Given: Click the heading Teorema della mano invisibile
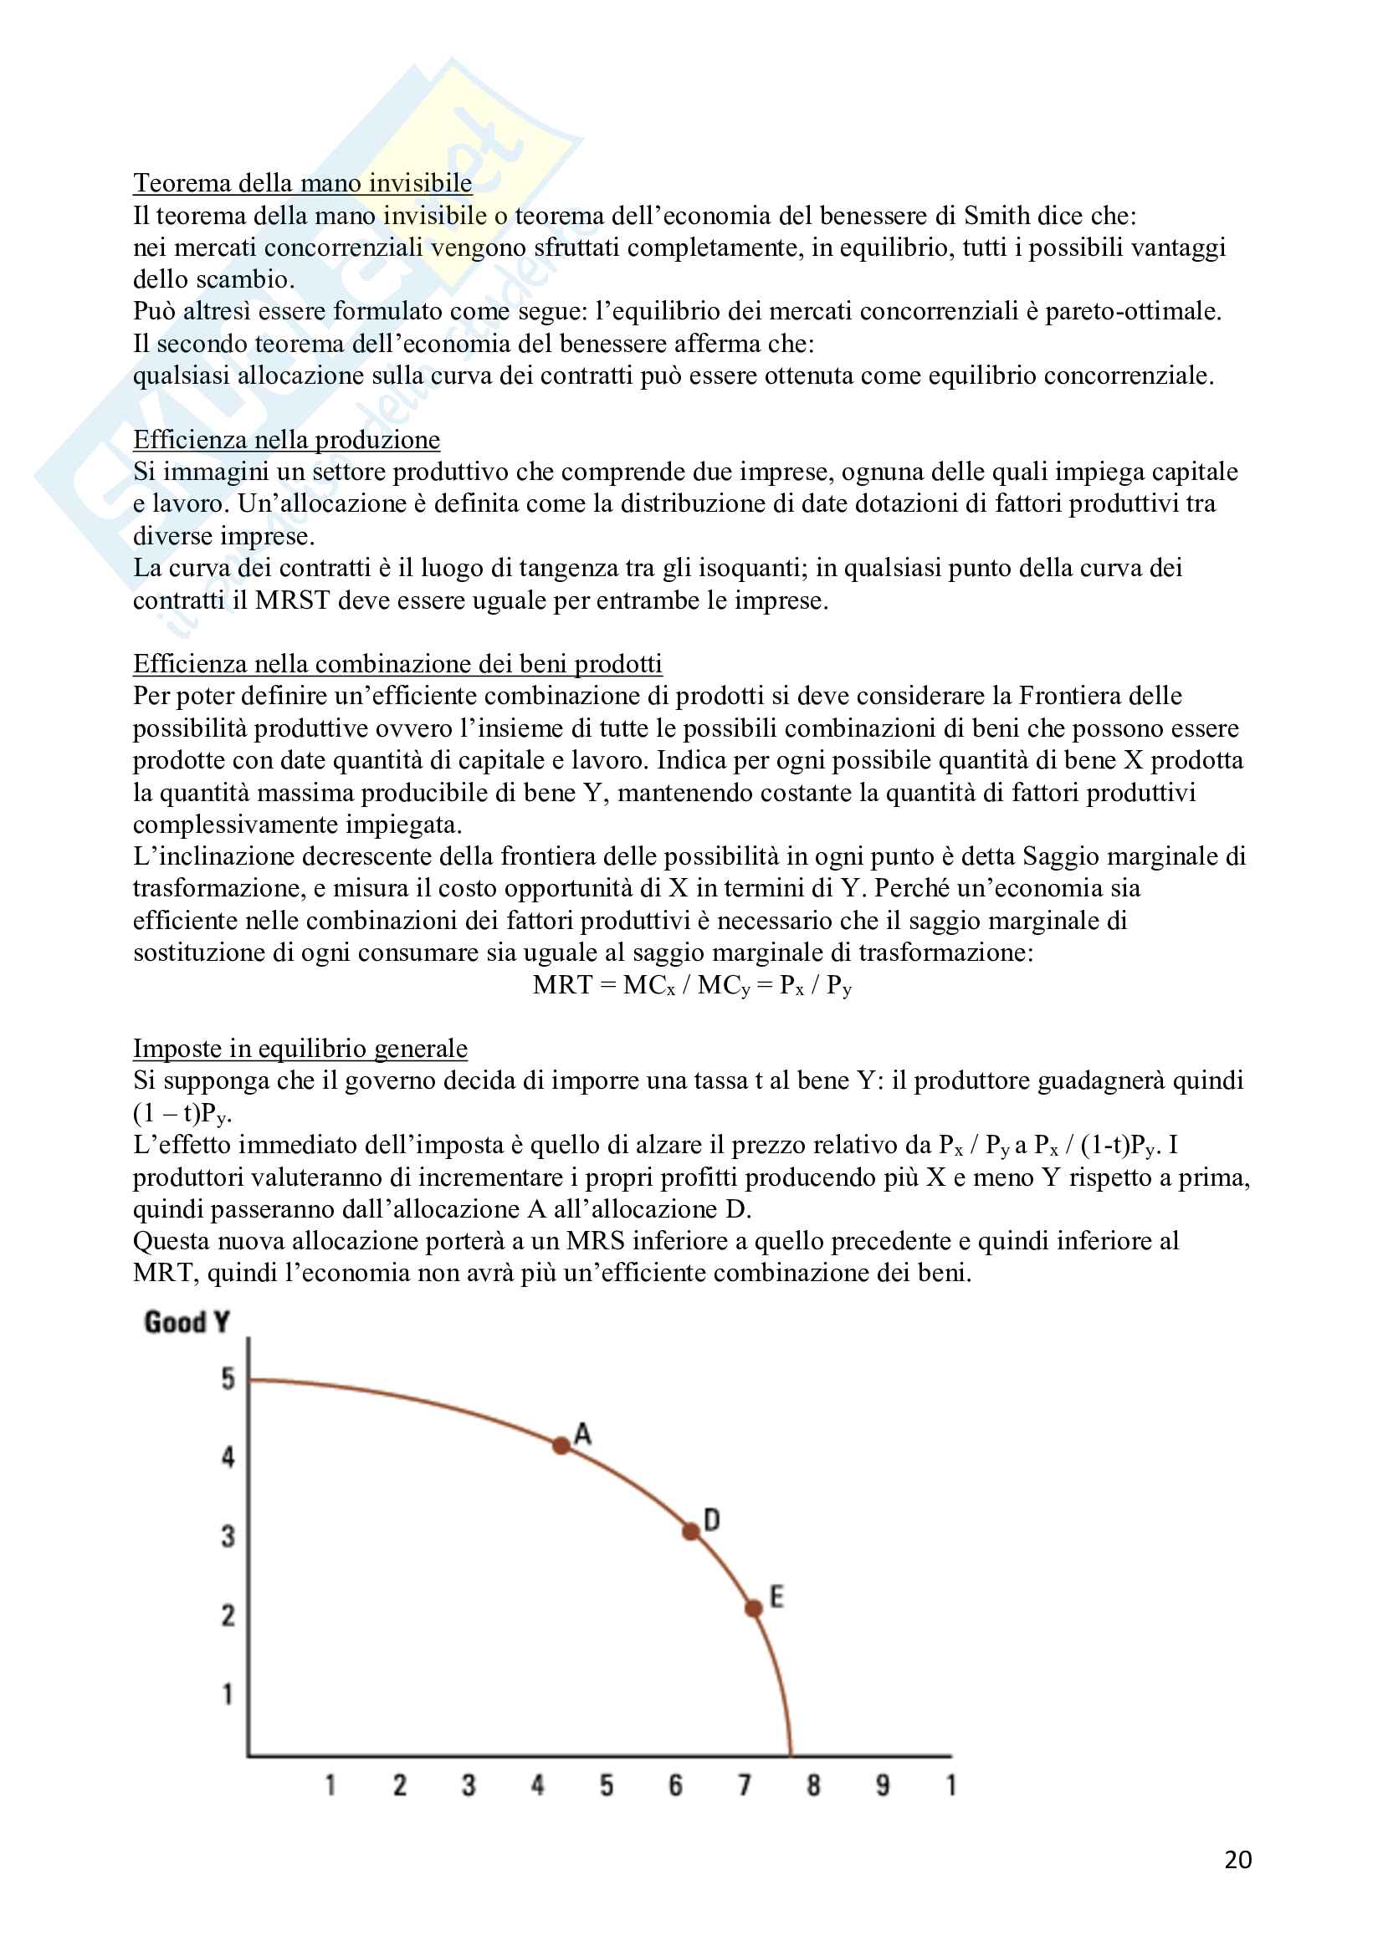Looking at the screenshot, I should coord(302,183).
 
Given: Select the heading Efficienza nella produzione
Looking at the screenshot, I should coord(286,440).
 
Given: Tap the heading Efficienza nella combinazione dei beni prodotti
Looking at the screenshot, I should coord(397,664).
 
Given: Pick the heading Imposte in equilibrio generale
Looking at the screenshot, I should coord(300,1049).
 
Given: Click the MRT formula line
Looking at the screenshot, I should coord(691,985).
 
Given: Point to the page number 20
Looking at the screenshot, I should coord(1237,1859).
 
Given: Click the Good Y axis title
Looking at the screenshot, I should coord(187,1322).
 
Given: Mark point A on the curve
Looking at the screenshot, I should coord(561,1445).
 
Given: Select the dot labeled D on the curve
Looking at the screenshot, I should coord(691,1531).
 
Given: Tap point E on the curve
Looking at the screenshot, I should coord(753,1607).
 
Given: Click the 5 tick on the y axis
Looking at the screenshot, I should coord(228,1378).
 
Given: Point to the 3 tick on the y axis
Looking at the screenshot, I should coord(228,1536).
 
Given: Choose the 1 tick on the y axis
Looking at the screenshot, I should coord(228,1693).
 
